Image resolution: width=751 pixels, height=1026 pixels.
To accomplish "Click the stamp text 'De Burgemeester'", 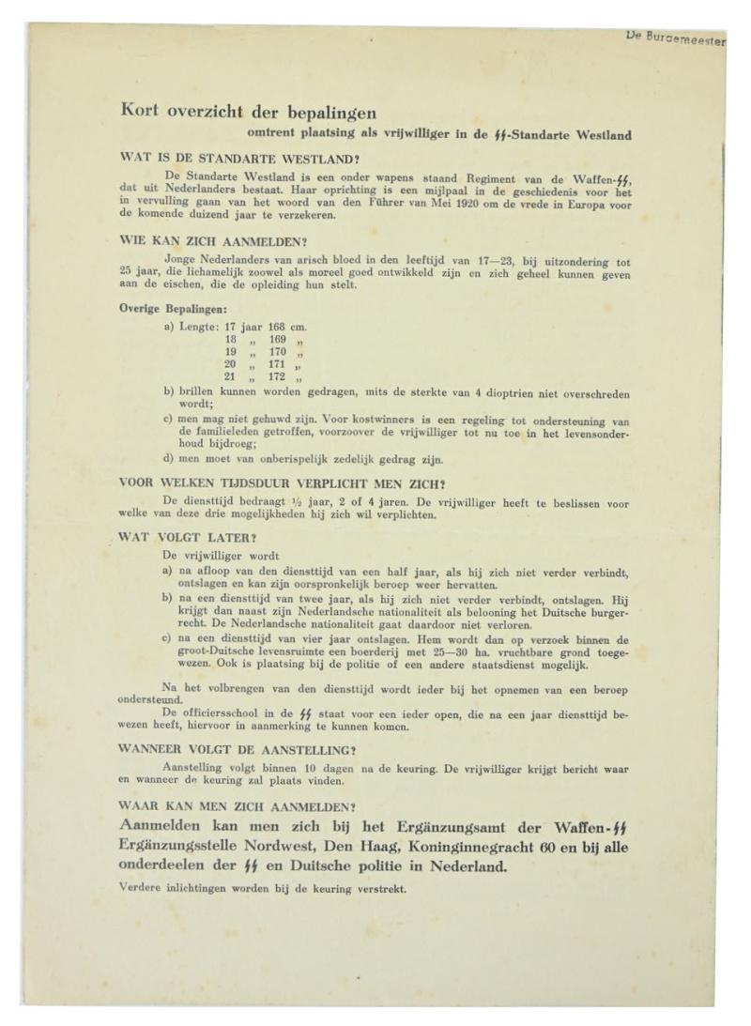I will (675, 40).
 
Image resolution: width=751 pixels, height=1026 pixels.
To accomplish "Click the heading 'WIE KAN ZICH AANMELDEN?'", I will (213, 241).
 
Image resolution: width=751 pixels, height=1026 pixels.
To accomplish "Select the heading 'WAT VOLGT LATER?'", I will (186, 538).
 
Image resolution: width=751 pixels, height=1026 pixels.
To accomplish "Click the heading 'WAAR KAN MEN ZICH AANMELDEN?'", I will (237, 806).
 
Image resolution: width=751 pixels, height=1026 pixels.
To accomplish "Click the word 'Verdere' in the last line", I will (144, 888).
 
